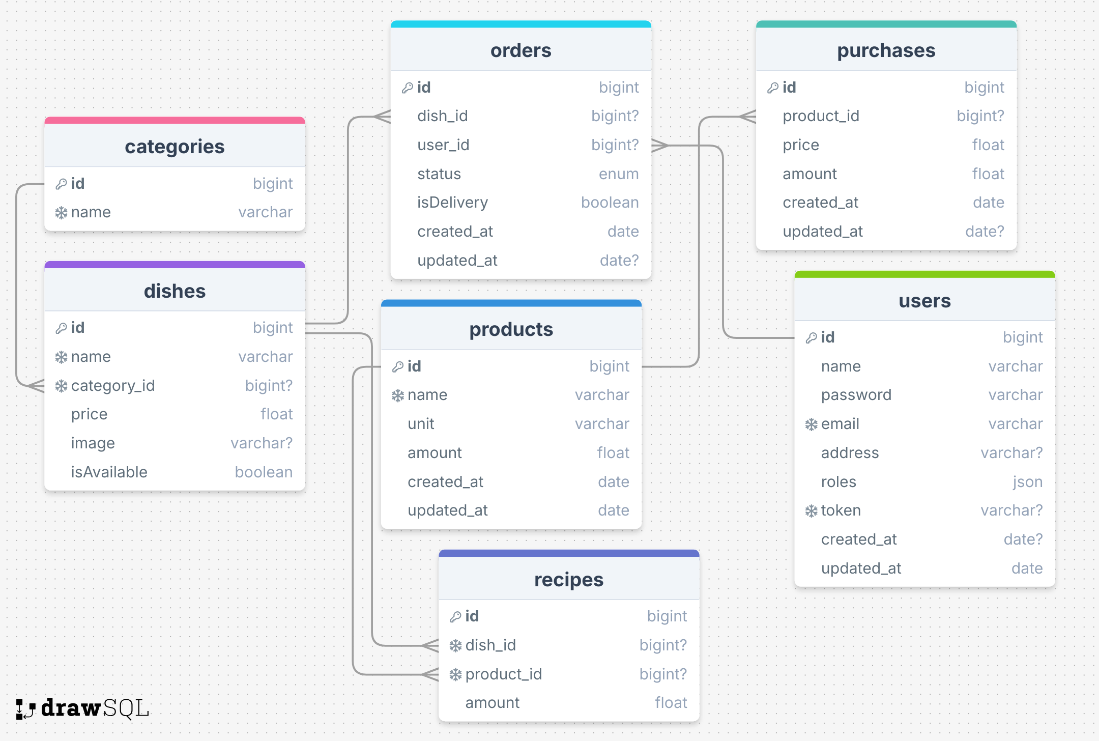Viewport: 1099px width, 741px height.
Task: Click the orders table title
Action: click(520, 50)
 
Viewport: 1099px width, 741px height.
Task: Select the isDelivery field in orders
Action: click(452, 203)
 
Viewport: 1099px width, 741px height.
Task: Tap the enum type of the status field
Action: click(618, 174)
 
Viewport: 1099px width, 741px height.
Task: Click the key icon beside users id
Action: click(811, 337)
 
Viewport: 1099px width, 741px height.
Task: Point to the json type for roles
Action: click(1027, 482)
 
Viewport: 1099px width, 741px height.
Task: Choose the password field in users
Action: click(856, 395)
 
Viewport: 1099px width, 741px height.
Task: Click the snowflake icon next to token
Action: click(811, 511)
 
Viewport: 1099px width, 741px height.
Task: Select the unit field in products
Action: click(421, 424)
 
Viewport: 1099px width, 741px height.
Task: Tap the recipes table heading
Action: click(568, 580)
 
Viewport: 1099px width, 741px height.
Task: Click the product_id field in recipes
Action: click(503, 674)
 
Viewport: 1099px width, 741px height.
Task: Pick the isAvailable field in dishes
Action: click(109, 472)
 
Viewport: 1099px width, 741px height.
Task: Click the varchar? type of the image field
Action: click(262, 443)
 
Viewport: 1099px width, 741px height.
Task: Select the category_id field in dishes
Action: click(112, 386)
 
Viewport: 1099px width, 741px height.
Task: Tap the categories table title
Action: click(175, 147)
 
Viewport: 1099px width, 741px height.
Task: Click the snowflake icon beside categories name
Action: click(61, 213)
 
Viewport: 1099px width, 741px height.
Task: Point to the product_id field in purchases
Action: click(821, 116)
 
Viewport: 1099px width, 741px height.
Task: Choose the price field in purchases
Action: click(801, 145)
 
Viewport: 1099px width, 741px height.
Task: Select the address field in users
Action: click(850, 453)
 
